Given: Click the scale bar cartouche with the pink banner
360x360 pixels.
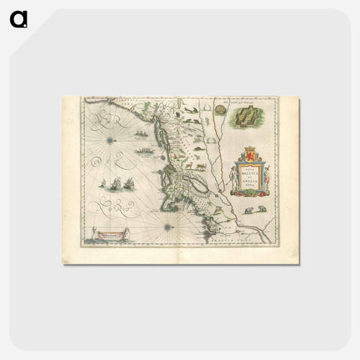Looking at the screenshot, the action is [x=111, y=235].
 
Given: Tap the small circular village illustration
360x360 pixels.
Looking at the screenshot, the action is [x=220, y=112].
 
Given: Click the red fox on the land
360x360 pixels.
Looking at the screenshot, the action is [x=193, y=164].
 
